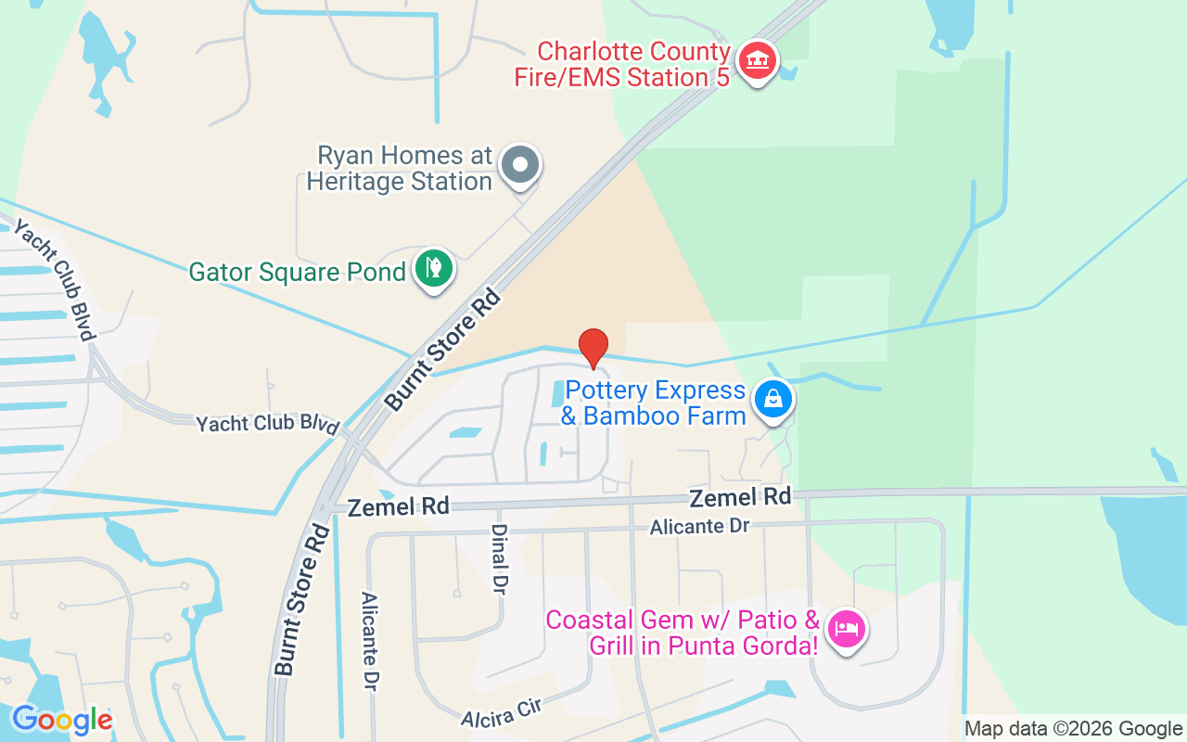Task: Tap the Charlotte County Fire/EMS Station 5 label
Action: (x=622, y=64)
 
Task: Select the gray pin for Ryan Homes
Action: (x=520, y=166)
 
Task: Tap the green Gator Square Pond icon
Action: (x=433, y=268)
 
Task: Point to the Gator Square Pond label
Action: (x=297, y=272)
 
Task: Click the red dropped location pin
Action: (x=593, y=347)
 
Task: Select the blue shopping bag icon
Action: (x=772, y=400)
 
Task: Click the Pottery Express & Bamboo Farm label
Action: (x=654, y=403)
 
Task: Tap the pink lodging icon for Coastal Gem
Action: (x=846, y=630)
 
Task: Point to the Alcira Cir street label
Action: (x=501, y=712)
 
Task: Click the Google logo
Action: (x=62, y=720)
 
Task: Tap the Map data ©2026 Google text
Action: (x=1073, y=729)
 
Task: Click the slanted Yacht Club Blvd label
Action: (x=57, y=279)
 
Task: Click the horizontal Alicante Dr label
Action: (x=699, y=527)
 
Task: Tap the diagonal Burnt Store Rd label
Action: (x=442, y=350)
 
